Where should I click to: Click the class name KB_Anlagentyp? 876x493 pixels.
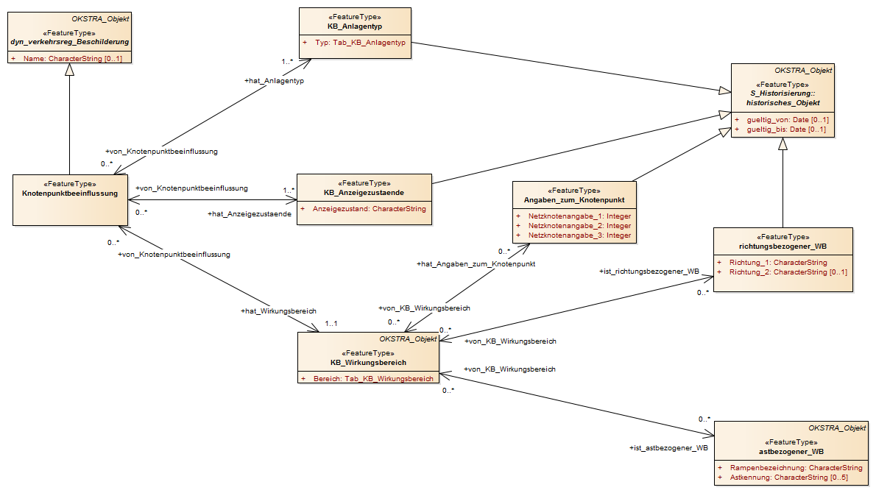click(355, 26)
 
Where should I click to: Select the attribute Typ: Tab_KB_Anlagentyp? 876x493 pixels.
click(361, 43)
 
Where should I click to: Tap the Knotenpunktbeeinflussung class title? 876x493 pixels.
click(70, 194)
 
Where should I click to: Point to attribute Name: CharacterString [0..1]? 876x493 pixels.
click(73, 59)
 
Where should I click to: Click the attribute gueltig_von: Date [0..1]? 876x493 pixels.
click(788, 119)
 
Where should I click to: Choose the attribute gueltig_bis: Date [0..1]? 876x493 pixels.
click(786, 129)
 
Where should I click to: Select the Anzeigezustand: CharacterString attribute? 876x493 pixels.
click(370, 209)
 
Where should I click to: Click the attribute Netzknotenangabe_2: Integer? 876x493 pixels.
click(580, 226)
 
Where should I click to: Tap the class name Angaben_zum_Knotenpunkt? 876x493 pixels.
click(574, 200)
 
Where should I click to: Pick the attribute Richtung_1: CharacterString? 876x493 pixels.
click(778, 263)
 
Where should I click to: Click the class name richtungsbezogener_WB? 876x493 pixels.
click(783, 246)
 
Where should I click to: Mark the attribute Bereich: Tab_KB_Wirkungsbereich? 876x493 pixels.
click(373, 378)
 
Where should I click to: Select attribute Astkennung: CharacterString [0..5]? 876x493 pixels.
click(789, 478)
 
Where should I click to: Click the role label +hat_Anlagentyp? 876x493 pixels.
click(275, 81)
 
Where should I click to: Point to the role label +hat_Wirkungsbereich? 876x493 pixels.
click(279, 311)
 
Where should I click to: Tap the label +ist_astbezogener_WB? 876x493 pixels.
click(668, 448)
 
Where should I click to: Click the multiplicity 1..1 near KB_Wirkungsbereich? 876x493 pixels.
click(331, 324)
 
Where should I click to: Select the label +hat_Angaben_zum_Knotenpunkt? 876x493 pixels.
click(476, 264)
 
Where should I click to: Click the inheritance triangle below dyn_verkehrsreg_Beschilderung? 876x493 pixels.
click(69, 69)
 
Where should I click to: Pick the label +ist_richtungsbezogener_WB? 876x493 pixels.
click(649, 272)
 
